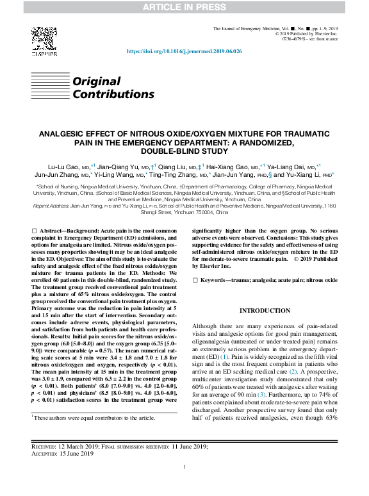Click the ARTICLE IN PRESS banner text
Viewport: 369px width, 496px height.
point(184,6)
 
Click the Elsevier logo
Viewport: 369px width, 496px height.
point(42,41)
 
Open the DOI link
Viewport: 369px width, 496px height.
point(184,51)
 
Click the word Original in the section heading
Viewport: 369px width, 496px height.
point(97,82)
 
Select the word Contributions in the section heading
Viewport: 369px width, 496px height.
point(113,94)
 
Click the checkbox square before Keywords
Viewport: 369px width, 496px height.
point(195,280)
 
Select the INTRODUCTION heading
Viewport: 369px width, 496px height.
point(265,311)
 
